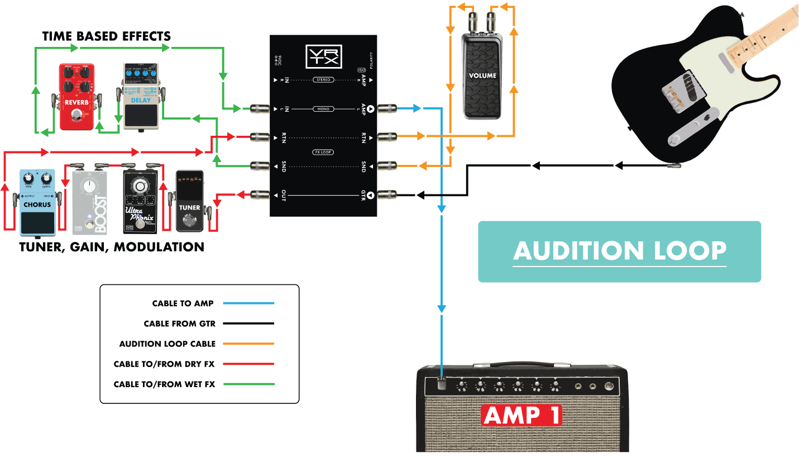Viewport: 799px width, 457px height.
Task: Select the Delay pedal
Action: click(x=140, y=96)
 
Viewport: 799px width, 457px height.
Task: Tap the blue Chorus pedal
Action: click(x=37, y=202)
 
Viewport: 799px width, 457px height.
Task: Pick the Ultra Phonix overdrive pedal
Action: click(x=140, y=202)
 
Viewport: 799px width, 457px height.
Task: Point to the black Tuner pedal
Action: click(x=190, y=202)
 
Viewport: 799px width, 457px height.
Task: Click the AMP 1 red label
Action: click(x=521, y=416)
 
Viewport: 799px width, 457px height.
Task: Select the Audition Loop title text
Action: click(x=619, y=251)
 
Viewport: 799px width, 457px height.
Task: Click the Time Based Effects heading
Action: click(x=107, y=37)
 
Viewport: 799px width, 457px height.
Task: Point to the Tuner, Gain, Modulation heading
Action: click(x=112, y=247)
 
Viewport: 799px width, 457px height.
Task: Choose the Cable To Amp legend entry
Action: click(x=183, y=303)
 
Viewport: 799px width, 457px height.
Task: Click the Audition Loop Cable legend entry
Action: click(x=168, y=344)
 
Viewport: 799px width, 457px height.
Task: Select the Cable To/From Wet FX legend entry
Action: click(x=164, y=384)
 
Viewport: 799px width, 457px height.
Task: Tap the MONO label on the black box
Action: click(x=323, y=109)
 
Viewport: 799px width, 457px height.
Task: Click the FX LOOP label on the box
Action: click(x=323, y=152)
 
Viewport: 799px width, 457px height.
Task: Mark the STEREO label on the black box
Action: click(x=323, y=80)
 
